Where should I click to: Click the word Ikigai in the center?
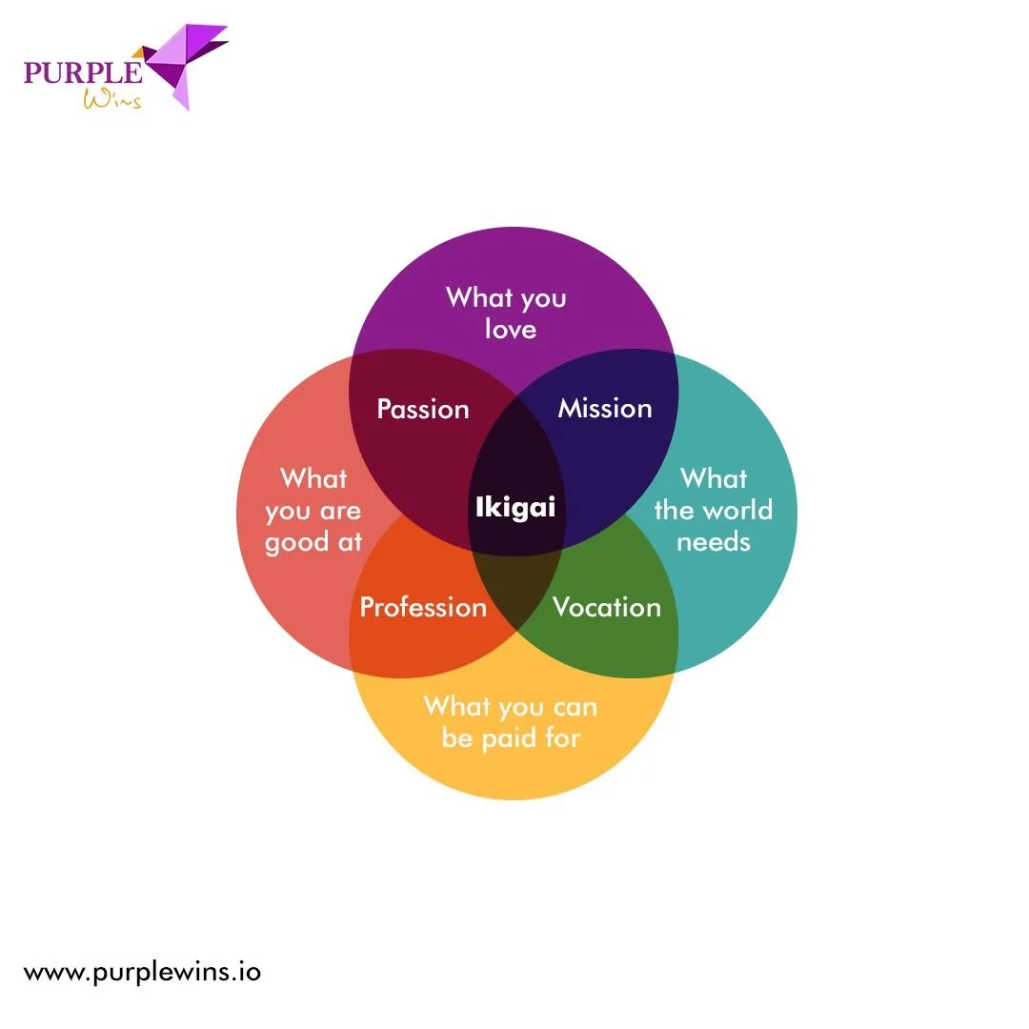pos(514,507)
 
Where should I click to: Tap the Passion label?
pos(423,410)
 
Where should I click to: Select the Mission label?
pos(605,409)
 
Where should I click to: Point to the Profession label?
pos(423,608)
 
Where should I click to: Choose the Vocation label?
pos(607,608)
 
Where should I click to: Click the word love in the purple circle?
pos(511,330)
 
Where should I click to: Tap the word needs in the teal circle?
pos(714,542)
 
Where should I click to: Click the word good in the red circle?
pos(297,543)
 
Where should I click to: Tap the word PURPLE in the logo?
pos(83,73)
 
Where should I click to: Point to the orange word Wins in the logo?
pos(112,100)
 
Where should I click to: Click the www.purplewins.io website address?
pos(142,973)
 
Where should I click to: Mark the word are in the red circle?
pos(339,512)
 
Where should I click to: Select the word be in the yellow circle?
pos(457,738)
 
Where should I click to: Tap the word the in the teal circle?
pos(673,511)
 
